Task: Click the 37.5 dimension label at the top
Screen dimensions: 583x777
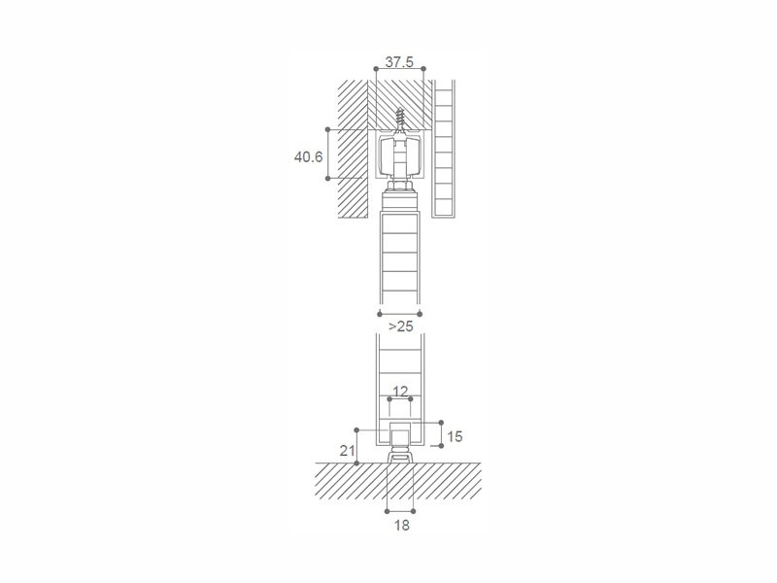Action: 398,61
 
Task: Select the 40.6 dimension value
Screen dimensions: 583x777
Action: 308,154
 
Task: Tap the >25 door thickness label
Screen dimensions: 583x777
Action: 399,326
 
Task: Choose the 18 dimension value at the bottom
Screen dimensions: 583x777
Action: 400,525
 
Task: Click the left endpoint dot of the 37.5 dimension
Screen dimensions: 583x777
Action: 376,67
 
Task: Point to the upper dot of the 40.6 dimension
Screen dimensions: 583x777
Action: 328,129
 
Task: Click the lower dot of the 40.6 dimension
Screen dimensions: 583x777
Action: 328,179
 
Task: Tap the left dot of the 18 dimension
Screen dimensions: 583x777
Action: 388,510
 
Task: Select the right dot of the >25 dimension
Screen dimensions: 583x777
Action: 421,314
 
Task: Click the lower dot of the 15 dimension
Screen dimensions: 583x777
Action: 442,446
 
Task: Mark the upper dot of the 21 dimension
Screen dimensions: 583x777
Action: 357,429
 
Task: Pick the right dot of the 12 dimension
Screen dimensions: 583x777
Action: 411,398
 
